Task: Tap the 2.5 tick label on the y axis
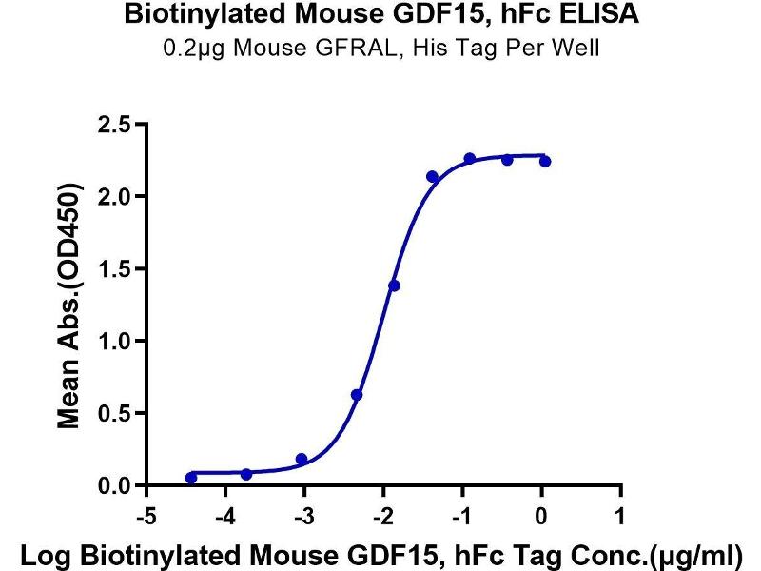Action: [116, 124]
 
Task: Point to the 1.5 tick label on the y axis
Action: [116, 268]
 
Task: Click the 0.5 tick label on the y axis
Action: [116, 414]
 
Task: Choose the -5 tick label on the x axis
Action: [146, 517]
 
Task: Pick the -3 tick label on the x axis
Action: [303, 517]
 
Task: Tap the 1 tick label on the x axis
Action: [621, 517]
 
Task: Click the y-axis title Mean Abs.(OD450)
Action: [68, 305]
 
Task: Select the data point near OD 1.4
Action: [394, 285]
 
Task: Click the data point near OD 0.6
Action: [357, 394]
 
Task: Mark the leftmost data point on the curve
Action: [191, 478]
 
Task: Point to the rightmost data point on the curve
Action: [545, 162]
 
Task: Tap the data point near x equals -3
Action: [302, 459]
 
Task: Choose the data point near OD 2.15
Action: [432, 177]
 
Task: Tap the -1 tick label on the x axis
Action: [462, 517]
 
